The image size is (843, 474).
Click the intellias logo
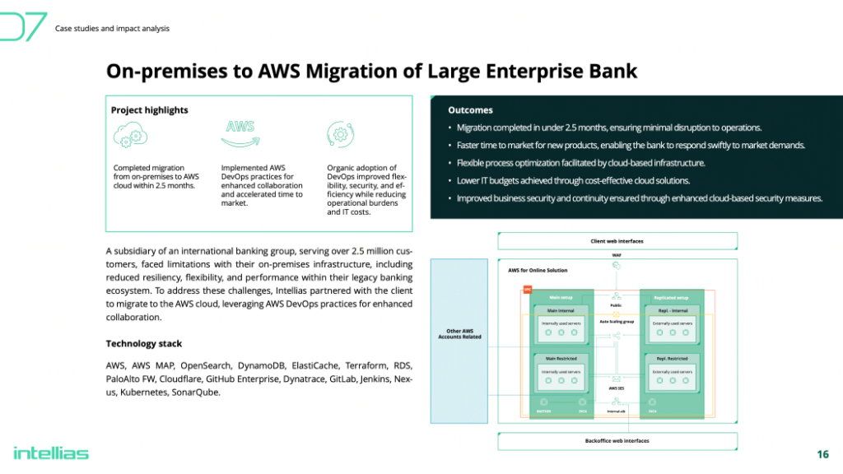click(51, 453)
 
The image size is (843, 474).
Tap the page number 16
click(822, 454)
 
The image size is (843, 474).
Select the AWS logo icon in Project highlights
click(240, 131)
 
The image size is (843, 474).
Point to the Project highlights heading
click(149, 110)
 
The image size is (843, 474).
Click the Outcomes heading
click(470, 109)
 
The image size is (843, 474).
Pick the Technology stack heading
click(144, 343)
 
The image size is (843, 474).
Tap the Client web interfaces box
click(617, 241)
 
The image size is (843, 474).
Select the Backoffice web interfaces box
click(617, 441)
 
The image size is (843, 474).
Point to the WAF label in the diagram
click(617, 256)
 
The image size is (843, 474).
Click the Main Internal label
click(561, 311)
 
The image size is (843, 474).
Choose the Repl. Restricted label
click(672, 359)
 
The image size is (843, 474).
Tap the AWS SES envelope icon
click(617, 379)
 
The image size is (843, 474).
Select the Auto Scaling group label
click(616, 321)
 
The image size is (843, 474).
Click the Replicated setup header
click(672, 297)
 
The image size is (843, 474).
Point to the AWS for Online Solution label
click(538, 270)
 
